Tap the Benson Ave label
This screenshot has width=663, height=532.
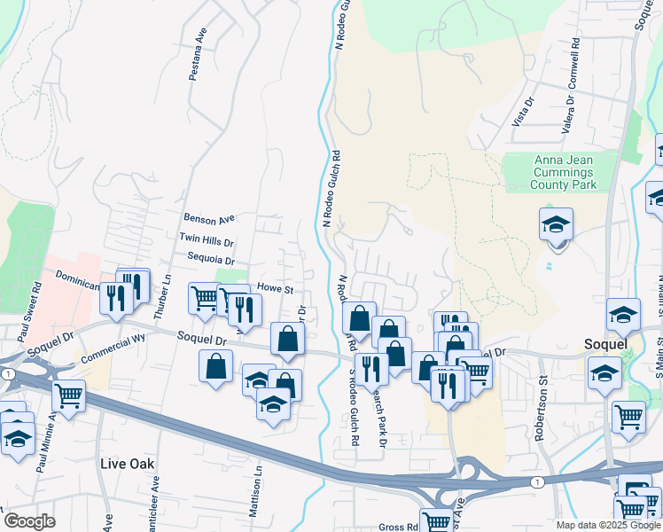point(208,219)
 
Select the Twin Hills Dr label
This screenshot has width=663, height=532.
point(206,239)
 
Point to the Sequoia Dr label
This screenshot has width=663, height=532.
point(210,261)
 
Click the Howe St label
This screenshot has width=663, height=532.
point(275,288)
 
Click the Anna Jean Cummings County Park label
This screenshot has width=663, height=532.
point(564,172)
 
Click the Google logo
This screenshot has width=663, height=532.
point(29,521)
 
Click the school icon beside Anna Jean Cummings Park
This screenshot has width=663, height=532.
point(556,224)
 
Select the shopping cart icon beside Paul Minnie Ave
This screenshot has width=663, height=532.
point(68,396)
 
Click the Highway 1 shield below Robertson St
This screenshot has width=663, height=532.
point(536,481)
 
